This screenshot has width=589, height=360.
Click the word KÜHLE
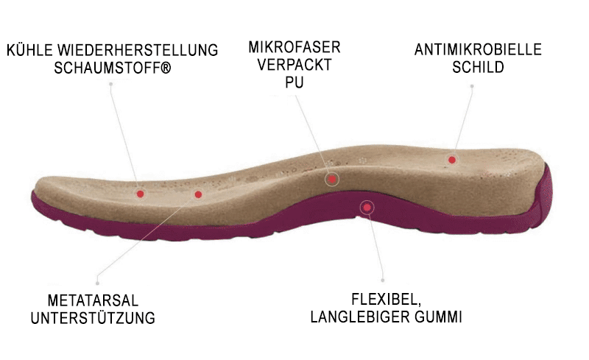(x=29, y=52)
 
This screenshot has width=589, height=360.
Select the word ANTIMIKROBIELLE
(x=478, y=50)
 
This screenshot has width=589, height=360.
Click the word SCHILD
(x=479, y=68)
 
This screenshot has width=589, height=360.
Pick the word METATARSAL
(x=93, y=302)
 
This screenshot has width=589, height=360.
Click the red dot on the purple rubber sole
(x=365, y=208)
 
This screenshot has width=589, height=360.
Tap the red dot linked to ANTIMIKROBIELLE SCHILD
(x=452, y=159)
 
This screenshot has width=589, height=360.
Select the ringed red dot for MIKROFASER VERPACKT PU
(x=333, y=178)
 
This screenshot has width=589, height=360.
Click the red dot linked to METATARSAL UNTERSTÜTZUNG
(x=197, y=194)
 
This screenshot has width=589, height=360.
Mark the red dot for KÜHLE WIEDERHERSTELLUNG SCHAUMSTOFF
(x=140, y=194)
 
